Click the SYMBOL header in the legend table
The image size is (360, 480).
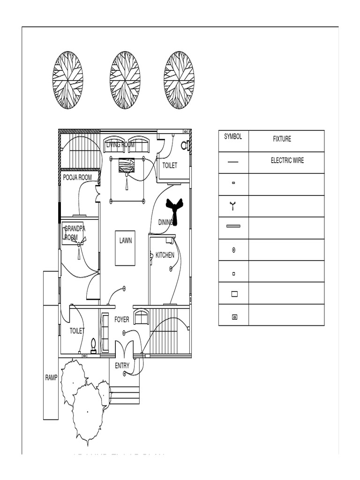coord(233,137)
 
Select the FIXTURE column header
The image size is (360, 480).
coord(282,139)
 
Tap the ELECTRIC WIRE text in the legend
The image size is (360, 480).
coord(287,160)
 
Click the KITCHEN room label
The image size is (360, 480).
coord(165,255)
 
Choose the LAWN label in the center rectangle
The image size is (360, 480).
coord(126,241)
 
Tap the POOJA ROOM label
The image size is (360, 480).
coord(77,178)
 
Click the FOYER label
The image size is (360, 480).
coord(122,320)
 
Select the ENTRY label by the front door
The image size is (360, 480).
coord(122,366)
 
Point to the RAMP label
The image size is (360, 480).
coord(51,378)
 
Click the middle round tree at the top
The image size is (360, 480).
coord(125,80)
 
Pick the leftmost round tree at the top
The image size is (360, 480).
coord(67,80)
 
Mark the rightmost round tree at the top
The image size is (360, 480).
coord(179,80)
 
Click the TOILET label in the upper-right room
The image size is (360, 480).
coord(170,165)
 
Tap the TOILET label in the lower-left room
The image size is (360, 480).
coord(77,331)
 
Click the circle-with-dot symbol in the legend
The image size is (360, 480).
coord(233,250)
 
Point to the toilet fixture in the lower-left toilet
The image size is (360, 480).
coord(93,345)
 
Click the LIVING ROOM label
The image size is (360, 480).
coord(120,145)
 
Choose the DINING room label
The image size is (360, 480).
coord(165,222)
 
